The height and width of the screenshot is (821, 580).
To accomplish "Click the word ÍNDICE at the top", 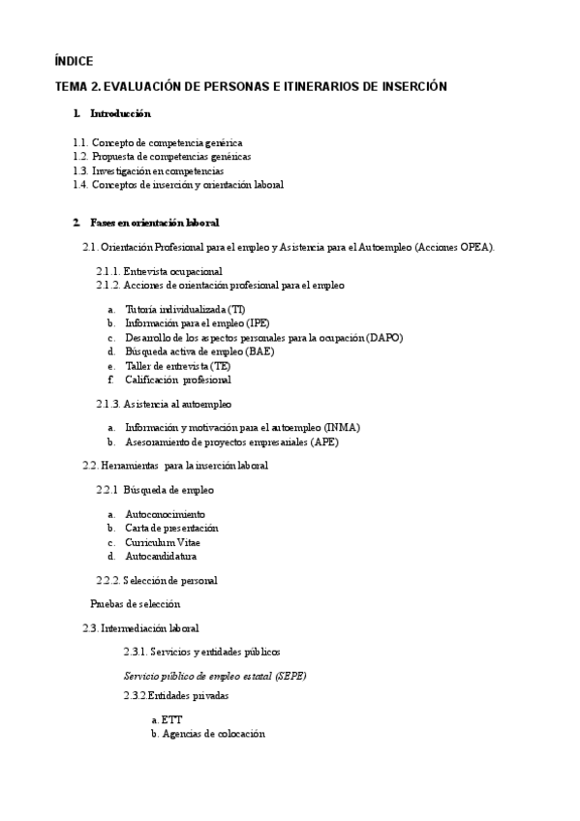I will point(75,61).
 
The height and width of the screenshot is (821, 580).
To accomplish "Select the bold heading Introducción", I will point(120,114).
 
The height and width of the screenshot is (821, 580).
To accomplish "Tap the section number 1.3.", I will point(80,170).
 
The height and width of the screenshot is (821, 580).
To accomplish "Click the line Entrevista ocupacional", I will point(172,272).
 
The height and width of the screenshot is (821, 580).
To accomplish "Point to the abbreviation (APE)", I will point(324,442).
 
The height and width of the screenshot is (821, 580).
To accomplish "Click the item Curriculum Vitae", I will point(163,542).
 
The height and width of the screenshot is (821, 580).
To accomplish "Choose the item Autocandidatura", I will point(162,557).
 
